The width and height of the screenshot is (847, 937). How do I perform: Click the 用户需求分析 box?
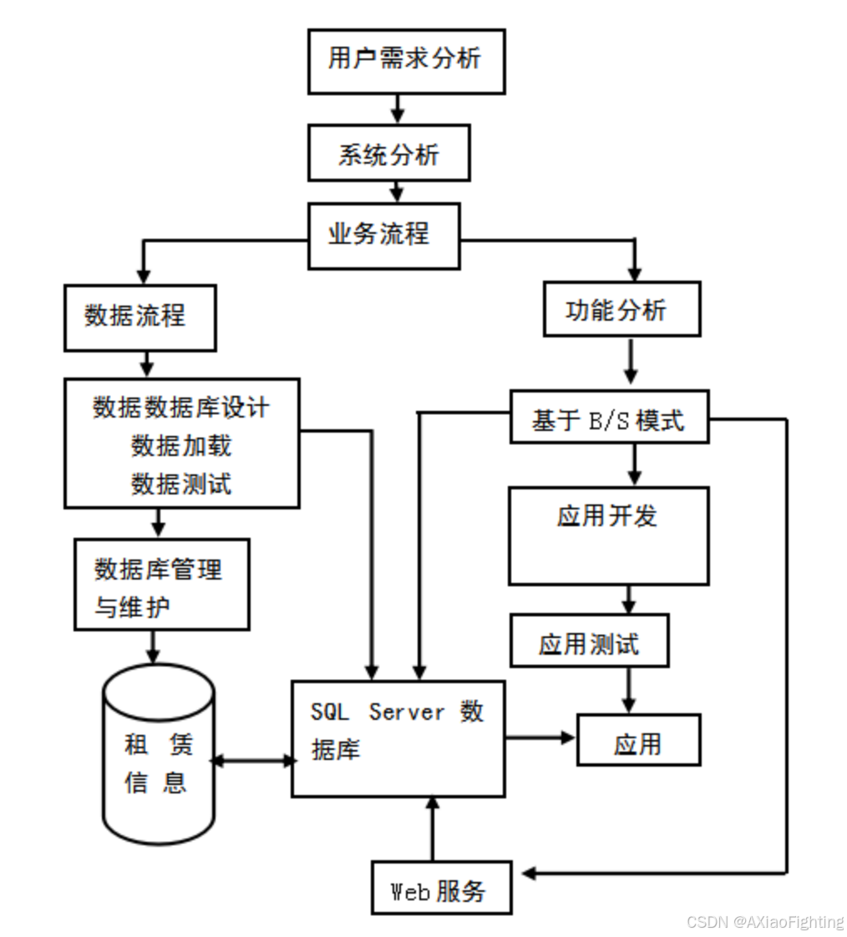point(406,60)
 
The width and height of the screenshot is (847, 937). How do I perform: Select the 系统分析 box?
point(388,153)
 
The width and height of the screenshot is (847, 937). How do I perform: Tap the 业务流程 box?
point(383,236)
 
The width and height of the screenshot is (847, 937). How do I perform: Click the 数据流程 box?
point(139,317)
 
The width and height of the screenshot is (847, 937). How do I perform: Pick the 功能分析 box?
point(621,310)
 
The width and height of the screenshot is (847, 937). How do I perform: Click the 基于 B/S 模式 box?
point(609,418)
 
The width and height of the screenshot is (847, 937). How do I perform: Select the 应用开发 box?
point(608,535)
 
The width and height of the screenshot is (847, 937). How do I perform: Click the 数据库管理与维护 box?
point(161,584)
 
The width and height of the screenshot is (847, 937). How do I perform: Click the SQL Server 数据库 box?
point(398,738)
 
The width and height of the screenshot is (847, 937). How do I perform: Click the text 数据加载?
point(181,446)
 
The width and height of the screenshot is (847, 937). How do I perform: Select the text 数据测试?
point(181,484)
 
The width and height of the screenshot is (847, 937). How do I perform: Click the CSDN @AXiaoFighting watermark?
point(764,922)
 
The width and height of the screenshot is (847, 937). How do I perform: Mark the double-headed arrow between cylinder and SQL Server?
point(252,761)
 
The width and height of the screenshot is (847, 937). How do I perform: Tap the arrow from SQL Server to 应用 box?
point(540,738)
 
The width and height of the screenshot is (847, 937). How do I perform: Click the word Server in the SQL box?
point(407,712)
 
